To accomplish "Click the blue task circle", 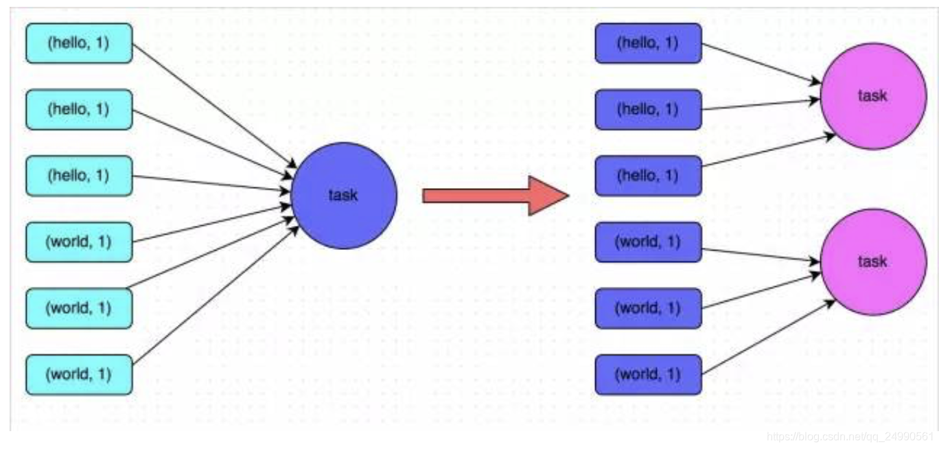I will click(343, 196).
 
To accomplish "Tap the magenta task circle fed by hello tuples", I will click(872, 96).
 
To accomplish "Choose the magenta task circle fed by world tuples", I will click(872, 262).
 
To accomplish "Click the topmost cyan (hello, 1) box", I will click(79, 43).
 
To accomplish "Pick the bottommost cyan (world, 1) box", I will click(79, 375).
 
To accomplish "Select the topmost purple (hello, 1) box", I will click(648, 43).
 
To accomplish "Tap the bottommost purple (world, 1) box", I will click(648, 375).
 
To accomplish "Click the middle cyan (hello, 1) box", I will click(79, 109).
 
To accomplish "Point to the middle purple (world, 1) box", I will click(648, 308).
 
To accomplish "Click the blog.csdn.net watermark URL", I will click(851, 437).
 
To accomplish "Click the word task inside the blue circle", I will click(343, 196).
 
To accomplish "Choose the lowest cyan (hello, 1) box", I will click(79, 176).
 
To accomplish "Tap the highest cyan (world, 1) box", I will click(79, 242).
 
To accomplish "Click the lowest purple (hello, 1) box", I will click(648, 176).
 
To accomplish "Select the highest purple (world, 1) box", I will click(648, 242).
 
